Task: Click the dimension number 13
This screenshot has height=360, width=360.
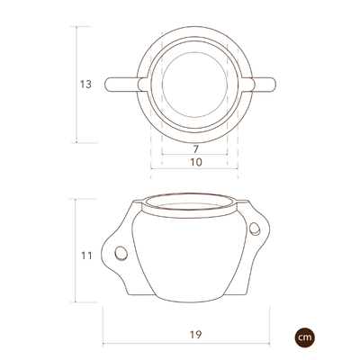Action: (85, 85)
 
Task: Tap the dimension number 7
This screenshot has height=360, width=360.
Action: (195, 149)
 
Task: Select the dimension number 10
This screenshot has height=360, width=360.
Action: (196, 162)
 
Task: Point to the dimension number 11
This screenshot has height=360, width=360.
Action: (86, 256)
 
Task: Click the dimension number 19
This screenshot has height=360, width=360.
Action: (196, 335)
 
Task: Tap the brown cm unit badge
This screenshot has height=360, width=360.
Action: (304, 337)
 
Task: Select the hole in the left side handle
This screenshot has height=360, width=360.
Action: (121, 254)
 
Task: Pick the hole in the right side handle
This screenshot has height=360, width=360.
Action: (255, 229)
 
